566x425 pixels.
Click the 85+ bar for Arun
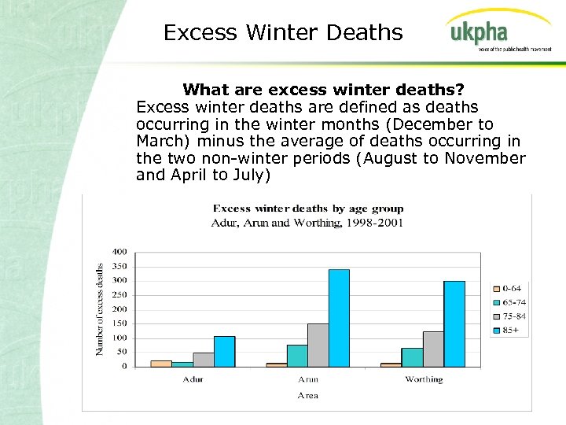point(339,318)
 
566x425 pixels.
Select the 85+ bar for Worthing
point(454,323)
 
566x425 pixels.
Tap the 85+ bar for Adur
point(224,351)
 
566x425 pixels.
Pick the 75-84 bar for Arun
point(318,345)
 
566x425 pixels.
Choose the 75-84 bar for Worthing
point(433,349)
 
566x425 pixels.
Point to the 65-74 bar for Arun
point(297,356)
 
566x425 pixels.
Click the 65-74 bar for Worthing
point(412,357)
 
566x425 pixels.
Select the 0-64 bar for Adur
point(161,364)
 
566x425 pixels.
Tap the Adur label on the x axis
point(193,379)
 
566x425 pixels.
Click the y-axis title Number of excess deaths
point(101,309)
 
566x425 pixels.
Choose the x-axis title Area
point(307,395)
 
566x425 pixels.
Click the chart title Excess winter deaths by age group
point(308,209)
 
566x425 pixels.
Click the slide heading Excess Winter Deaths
point(283,32)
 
